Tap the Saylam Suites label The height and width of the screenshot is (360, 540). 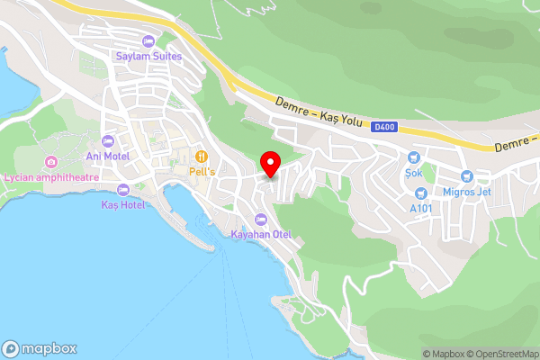click(x=148, y=56)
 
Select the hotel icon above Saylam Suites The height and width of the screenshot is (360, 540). click(x=148, y=41)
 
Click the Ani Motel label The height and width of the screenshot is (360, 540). click(x=108, y=156)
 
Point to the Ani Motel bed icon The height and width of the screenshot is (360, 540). click(x=108, y=141)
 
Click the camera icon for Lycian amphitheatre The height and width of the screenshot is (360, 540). click(x=50, y=162)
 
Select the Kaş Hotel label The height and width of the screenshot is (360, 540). click(x=122, y=205)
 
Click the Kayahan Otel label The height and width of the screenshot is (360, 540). click(x=262, y=235)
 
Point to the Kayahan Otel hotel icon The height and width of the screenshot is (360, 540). click(x=262, y=220)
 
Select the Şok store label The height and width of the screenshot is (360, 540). click(x=414, y=171)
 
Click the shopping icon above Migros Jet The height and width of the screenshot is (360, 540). click(x=466, y=176)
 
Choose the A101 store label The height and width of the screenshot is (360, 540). click(x=421, y=209)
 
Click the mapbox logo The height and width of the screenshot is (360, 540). click(x=39, y=348)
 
